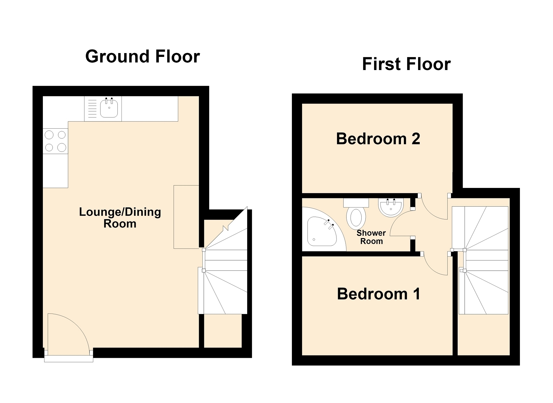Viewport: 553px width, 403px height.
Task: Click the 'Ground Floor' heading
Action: click(x=143, y=56)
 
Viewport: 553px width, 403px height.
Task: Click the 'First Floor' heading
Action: click(x=406, y=64)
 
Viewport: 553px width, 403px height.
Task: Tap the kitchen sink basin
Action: click(x=109, y=109)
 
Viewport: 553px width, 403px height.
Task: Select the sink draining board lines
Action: click(x=93, y=109)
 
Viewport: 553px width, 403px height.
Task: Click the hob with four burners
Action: click(x=55, y=141)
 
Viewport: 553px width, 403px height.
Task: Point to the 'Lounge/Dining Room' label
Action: click(x=120, y=218)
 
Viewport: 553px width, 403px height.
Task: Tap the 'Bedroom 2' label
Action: click(x=378, y=139)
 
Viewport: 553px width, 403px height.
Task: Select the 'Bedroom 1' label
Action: click(x=378, y=294)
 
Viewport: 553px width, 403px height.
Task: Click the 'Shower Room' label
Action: click(x=371, y=237)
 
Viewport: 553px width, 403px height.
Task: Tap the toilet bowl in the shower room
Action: click(x=356, y=218)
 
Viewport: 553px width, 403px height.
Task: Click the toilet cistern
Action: click(x=356, y=203)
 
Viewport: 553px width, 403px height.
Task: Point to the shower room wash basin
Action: click(x=391, y=207)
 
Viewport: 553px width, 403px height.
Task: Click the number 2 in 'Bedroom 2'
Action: click(x=416, y=139)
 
